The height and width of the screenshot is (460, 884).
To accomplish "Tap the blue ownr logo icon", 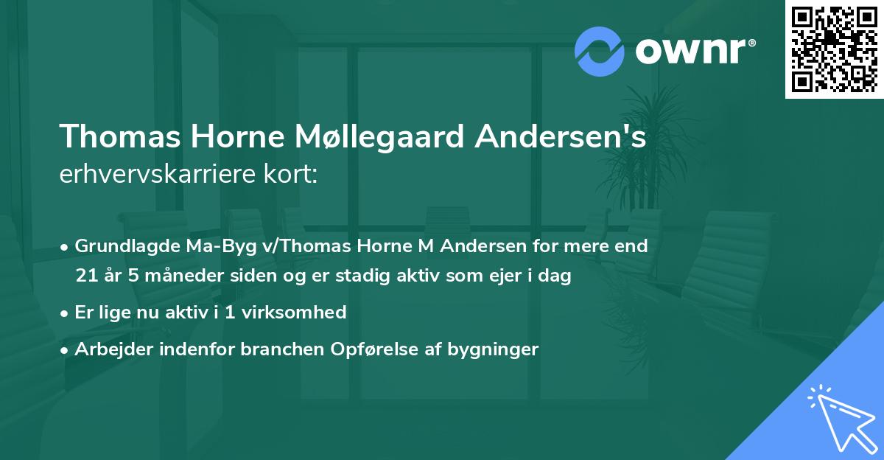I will [599, 51].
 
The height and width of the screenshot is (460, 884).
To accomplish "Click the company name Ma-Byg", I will [204, 246].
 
